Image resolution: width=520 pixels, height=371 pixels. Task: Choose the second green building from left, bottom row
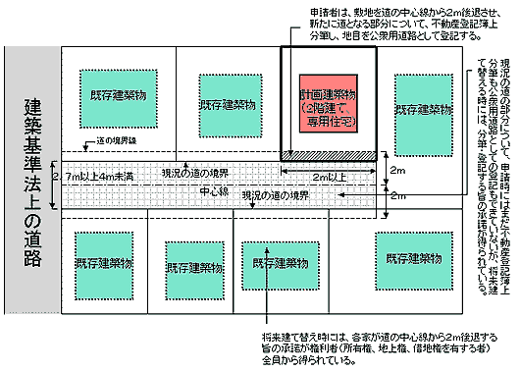click(x=194, y=265)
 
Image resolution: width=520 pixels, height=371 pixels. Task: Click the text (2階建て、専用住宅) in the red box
click(x=331, y=109)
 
